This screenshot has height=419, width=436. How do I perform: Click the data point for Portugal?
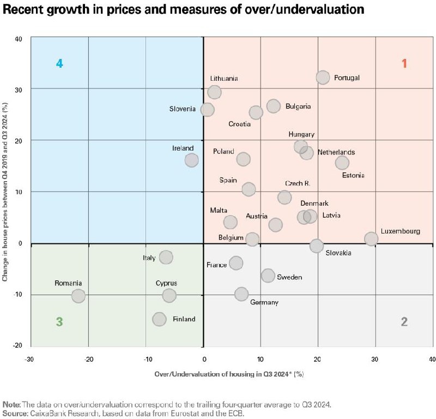tap(323, 77)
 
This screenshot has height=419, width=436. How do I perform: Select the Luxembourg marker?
tap(371, 238)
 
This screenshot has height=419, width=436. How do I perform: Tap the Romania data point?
tap(78, 296)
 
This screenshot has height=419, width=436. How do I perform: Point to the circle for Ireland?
tap(191, 160)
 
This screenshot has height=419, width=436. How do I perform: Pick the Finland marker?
tap(159, 319)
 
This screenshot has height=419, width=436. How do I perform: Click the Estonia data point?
tap(342, 163)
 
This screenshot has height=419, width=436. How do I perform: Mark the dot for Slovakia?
tap(316, 246)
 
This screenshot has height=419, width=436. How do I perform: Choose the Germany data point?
tap(241, 294)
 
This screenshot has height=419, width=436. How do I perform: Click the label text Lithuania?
tap(224, 79)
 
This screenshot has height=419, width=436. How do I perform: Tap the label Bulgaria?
tap(298, 106)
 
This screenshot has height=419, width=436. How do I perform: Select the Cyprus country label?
tap(166, 283)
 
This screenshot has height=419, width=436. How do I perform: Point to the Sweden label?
tap(289, 277)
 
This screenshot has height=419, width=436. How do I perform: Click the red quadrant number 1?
tap(404, 63)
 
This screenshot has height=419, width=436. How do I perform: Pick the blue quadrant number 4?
tap(59, 63)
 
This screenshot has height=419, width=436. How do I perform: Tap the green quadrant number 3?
tap(59, 321)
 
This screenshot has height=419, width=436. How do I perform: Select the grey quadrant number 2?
tap(404, 321)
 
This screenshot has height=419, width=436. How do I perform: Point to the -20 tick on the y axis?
tap(19, 346)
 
